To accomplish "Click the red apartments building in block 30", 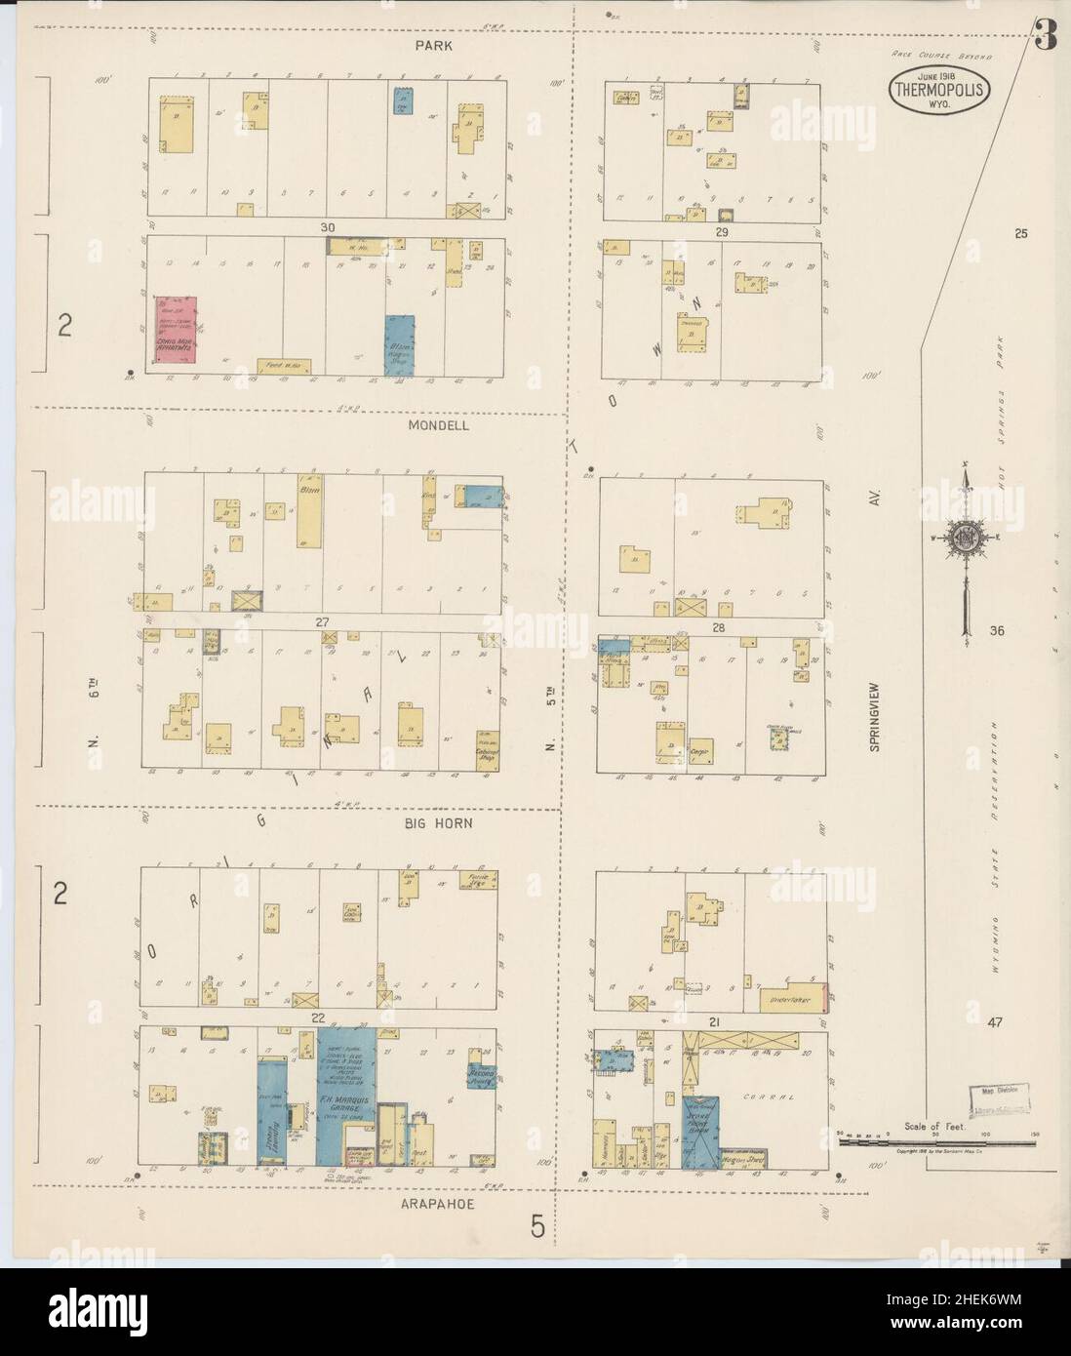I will click(x=176, y=334).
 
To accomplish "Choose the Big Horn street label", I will click(x=439, y=823).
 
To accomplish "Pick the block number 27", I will click(x=318, y=621).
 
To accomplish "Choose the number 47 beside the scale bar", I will click(x=994, y=1021).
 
